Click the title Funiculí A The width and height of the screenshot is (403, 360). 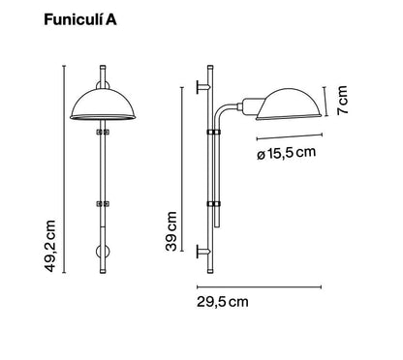[80, 20]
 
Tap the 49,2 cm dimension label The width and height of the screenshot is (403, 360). [50, 246]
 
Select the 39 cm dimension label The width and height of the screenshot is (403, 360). [171, 231]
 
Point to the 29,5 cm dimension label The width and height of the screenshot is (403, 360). [223, 302]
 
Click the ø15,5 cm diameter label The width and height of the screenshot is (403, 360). [286, 153]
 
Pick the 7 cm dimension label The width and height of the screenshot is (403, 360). [342, 100]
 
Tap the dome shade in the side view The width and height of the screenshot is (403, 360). [289, 104]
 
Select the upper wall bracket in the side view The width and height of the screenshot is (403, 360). [203, 87]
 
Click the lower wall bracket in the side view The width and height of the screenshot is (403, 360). [203, 251]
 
